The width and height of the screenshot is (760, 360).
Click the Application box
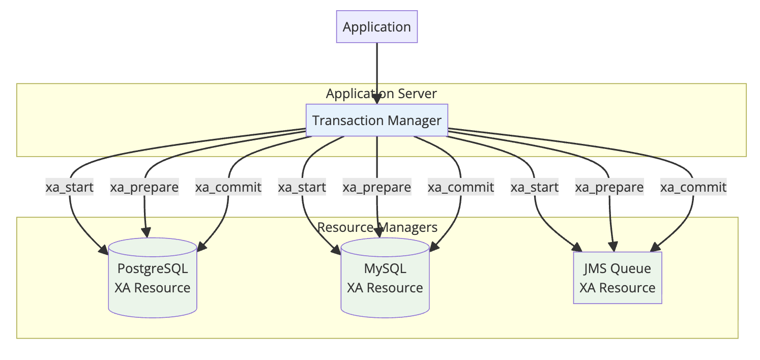tap(376, 26)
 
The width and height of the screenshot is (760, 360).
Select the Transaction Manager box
tap(376, 121)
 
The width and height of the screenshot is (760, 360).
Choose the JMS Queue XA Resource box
tap(617, 278)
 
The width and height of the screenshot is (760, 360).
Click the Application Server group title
tap(381, 94)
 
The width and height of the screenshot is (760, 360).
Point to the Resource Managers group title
tap(377, 227)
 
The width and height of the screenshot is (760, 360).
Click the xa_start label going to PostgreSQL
tap(70, 187)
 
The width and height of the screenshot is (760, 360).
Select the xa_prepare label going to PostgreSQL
tap(144, 187)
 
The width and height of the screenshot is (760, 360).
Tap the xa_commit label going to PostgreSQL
tap(228, 187)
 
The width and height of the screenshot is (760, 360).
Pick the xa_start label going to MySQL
tap(302, 187)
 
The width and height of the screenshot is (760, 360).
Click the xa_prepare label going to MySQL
tap(377, 187)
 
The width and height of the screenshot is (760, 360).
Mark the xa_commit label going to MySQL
tap(461, 187)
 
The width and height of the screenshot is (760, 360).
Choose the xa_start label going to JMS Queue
tap(535, 187)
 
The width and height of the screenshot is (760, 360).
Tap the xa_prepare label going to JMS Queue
tap(609, 187)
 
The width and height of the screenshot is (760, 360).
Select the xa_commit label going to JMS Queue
tap(693, 187)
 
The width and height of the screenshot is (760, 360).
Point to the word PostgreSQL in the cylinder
tap(152, 268)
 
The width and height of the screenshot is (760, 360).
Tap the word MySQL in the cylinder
tap(385, 268)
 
